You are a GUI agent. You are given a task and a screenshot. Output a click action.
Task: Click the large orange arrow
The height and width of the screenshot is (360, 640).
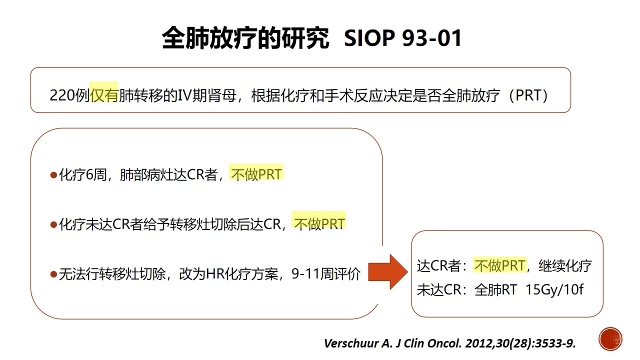pos(388,271)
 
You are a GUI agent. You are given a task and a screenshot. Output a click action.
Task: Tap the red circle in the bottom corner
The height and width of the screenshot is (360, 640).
pos(610,339)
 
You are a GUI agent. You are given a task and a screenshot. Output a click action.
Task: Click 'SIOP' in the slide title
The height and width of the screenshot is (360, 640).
pos(369,38)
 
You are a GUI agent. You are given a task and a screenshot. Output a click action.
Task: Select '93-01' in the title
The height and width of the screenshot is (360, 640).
pos(431,38)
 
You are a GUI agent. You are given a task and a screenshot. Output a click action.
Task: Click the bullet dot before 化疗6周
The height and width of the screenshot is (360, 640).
pos(53,175)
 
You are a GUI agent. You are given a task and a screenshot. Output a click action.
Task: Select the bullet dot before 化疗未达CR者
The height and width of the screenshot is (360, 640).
pos(53,224)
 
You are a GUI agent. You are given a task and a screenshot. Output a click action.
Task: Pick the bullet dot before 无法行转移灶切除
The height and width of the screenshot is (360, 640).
pos(53,274)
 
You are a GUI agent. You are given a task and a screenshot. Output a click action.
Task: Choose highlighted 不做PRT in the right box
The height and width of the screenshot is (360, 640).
pos(499,265)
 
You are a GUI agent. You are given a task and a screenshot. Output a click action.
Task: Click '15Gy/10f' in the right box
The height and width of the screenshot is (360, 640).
pos(554,289)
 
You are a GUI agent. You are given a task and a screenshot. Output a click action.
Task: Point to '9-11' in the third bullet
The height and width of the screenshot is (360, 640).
pos(305,273)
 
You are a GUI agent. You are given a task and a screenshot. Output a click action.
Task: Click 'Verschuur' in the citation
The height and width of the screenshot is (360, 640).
pos(351,343)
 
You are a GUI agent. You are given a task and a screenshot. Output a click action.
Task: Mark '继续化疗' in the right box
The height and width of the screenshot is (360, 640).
pos(565,265)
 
